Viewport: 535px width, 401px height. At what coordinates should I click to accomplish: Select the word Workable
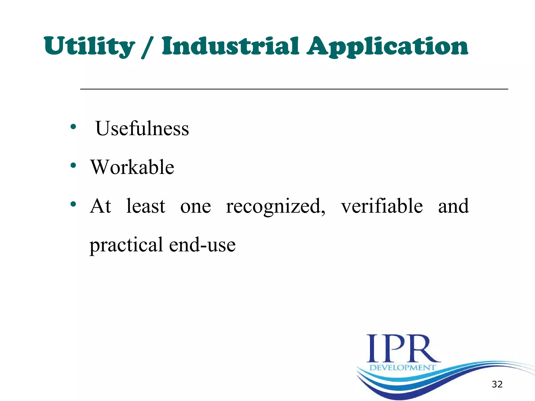[132, 167]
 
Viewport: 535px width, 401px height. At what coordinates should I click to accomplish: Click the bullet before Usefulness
[73, 127]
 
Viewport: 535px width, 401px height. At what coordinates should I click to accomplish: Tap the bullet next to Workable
[73, 165]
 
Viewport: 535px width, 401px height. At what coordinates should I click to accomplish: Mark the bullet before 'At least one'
[73, 204]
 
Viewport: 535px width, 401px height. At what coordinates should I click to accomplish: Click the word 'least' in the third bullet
[146, 206]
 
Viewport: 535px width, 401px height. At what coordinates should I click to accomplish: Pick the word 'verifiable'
[382, 206]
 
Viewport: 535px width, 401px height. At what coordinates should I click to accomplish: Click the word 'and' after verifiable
[453, 206]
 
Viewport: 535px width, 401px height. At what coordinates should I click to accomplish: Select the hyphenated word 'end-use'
[202, 245]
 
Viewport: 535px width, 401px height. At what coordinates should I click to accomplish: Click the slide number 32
[497, 384]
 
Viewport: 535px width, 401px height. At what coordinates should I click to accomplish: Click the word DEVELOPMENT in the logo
[403, 368]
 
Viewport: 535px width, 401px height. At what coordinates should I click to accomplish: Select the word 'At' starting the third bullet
[101, 206]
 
